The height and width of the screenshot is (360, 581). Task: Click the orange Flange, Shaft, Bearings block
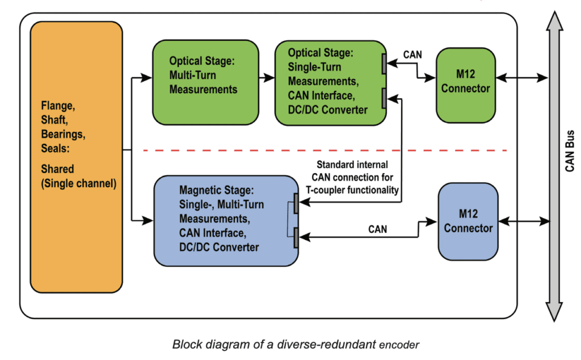[x=77, y=156]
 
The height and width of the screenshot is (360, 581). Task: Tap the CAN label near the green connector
[x=412, y=55]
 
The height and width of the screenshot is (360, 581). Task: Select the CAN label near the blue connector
[x=378, y=229]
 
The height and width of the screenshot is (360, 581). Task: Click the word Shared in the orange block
[x=57, y=169]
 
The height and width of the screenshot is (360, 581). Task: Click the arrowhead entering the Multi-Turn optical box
[x=148, y=77]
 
